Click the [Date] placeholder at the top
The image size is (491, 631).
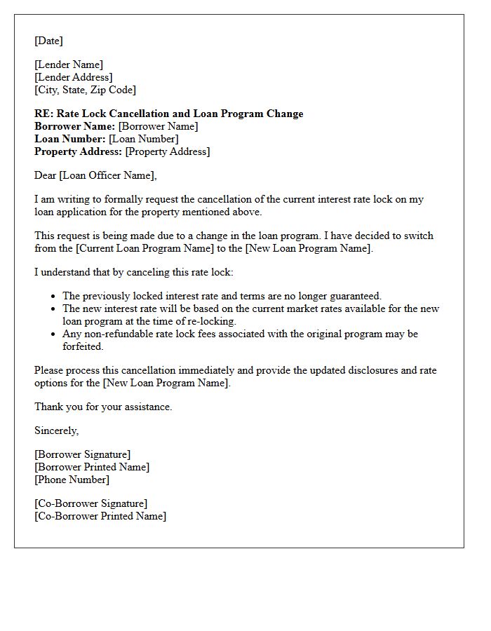point(48,41)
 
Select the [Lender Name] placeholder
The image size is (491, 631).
point(69,65)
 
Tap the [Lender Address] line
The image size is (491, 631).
point(74,77)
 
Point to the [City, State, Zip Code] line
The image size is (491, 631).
point(85,90)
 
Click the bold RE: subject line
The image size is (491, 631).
point(168,114)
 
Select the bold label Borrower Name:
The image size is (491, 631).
point(74,126)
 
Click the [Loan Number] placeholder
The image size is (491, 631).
point(143,139)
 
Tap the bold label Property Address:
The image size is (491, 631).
point(78,151)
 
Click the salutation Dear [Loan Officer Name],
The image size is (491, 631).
point(95,175)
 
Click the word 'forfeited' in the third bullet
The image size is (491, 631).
point(83,346)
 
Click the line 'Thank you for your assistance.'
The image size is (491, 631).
point(103,407)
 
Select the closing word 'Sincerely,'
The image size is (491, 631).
point(56,430)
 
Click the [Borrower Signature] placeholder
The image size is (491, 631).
point(82,454)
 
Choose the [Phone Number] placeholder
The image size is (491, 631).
point(72,480)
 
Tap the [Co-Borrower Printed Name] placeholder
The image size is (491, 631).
point(100,516)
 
